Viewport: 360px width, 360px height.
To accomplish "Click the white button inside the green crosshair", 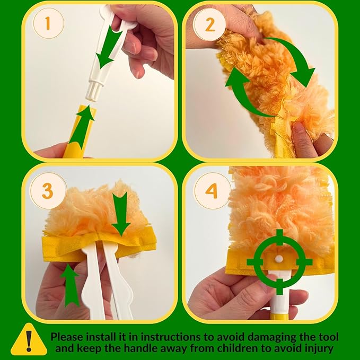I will point(276,259).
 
